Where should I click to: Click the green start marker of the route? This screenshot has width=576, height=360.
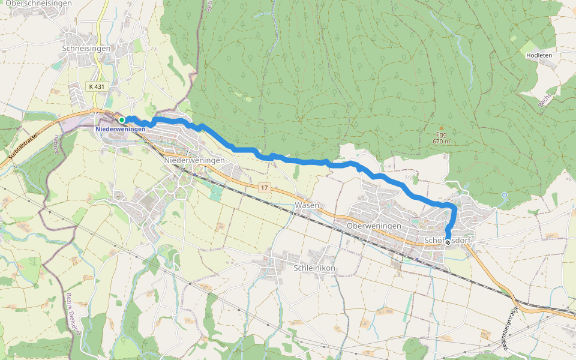[122, 119]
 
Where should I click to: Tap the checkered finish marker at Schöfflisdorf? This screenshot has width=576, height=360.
[448, 242]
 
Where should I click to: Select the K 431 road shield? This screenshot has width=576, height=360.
[96, 86]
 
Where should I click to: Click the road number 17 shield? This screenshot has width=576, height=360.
[264, 188]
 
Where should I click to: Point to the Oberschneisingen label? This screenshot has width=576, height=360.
[47, 4]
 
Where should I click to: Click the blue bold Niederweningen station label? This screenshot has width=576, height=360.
[120, 130]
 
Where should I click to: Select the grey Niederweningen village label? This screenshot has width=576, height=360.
[194, 160]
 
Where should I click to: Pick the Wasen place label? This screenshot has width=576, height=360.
[307, 205]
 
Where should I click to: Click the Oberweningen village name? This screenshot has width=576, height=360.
[374, 225]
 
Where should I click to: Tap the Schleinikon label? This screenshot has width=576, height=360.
[314, 268]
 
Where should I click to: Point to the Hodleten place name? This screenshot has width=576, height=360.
[538, 55]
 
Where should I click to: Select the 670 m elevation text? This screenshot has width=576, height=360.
[441, 142]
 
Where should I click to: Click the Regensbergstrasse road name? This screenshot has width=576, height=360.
[507, 326]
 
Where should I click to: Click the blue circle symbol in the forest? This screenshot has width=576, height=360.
[505, 195]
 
